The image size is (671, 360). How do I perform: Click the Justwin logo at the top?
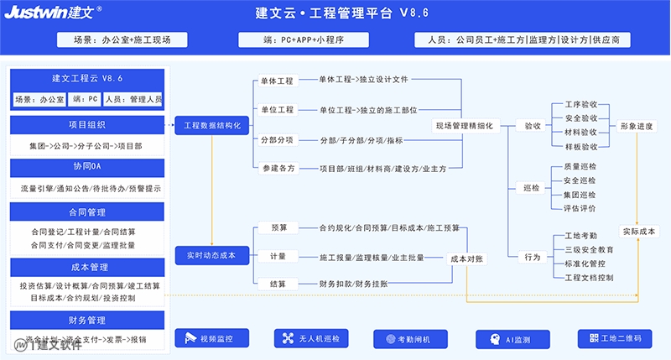(x=53, y=12)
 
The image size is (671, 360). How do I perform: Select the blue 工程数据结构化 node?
(x=212, y=125)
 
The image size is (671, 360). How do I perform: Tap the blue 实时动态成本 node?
(x=212, y=256)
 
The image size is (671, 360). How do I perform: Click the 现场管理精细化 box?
(x=465, y=126)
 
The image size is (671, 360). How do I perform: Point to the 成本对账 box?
(x=466, y=258)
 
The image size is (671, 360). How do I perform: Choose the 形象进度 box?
(x=637, y=126)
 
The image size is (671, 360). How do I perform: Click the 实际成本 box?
(x=639, y=231)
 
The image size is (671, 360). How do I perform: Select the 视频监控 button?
(x=212, y=338)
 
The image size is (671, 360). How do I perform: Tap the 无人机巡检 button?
(x=311, y=338)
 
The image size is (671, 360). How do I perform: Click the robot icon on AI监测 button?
(x=495, y=340)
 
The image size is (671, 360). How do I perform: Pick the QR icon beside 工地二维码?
(x=594, y=338)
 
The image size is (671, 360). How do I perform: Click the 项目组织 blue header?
(x=87, y=125)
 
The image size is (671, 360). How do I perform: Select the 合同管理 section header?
(x=87, y=212)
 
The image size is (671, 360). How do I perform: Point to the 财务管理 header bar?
(x=87, y=321)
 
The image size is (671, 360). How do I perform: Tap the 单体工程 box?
(x=278, y=81)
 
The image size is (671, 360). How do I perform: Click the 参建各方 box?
(x=278, y=168)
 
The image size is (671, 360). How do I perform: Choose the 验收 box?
(x=533, y=126)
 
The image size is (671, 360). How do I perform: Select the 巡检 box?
(x=531, y=187)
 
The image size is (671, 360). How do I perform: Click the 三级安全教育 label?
(x=589, y=249)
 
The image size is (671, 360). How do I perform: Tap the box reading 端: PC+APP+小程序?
(x=304, y=39)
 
